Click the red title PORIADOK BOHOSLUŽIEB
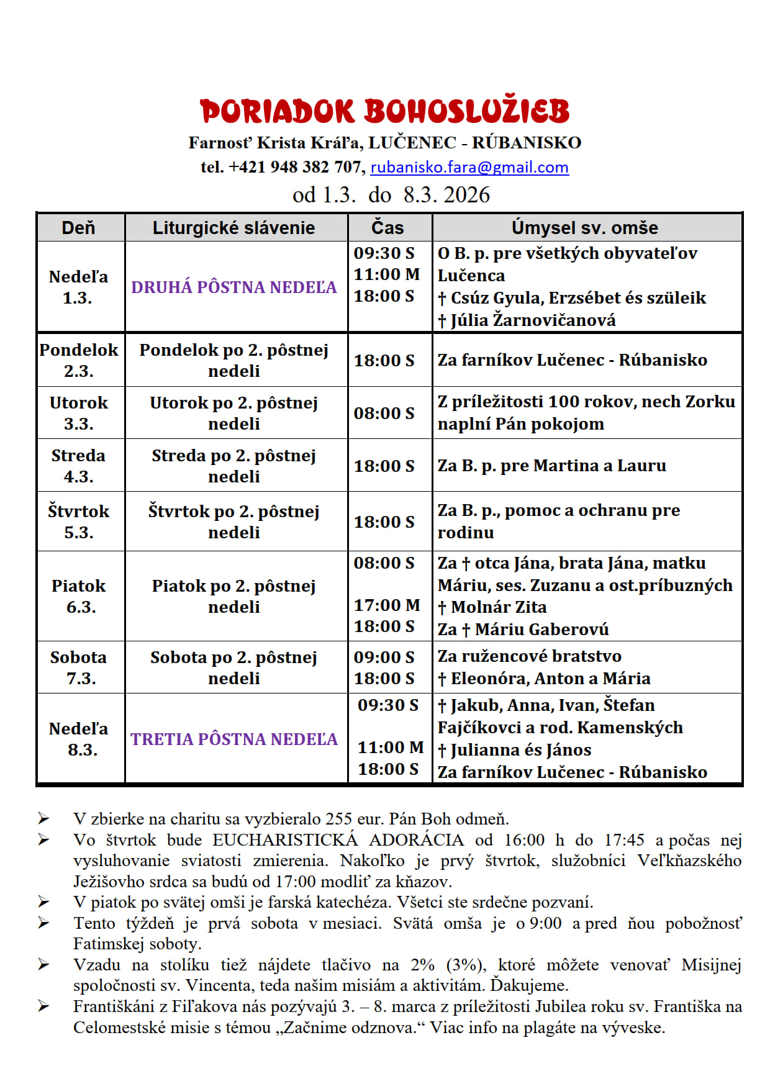click(384, 112)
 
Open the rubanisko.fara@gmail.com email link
click(469, 167)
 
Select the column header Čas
click(387, 228)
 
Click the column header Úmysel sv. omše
click(584, 228)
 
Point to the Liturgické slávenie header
click(233, 228)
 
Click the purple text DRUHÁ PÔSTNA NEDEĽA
click(233, 287)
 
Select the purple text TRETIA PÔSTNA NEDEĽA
click(233, 739)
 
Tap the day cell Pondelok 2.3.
click(79, 360)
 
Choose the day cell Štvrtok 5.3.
click(79, 522)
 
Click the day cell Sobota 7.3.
click(79, 667)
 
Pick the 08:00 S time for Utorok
click(384, 413)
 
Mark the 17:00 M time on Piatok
click(386, 605)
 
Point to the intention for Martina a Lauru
click(551, 466)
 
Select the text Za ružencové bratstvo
click(529, 656)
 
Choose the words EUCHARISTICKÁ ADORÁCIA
click(338, 840)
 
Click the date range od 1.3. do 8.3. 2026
click(391, 195)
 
